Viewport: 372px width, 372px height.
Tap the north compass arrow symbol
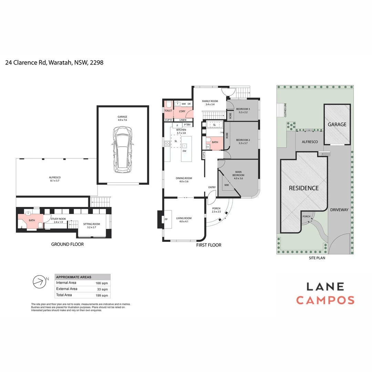pos(39,282)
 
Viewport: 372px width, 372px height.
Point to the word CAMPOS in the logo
pos(325,300)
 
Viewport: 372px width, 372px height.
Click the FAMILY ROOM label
pos(210,102)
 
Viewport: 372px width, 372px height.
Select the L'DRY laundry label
pos(182,111)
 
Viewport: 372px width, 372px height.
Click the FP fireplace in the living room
pos(166,219)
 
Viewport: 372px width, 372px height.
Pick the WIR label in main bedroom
pos(227,185)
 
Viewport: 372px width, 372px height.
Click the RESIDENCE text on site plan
pos(303,188)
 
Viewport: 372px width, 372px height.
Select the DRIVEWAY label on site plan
pos(339,209)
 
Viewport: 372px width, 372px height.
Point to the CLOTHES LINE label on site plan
pos(285,110)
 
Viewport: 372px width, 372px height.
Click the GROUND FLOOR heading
pos(68,244)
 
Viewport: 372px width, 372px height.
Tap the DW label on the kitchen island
pos(185,151)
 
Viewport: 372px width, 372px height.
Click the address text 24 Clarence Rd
pos(26,63)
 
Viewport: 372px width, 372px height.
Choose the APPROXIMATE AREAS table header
pos(74,277)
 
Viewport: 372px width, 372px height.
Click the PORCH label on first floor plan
pos(216,208)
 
